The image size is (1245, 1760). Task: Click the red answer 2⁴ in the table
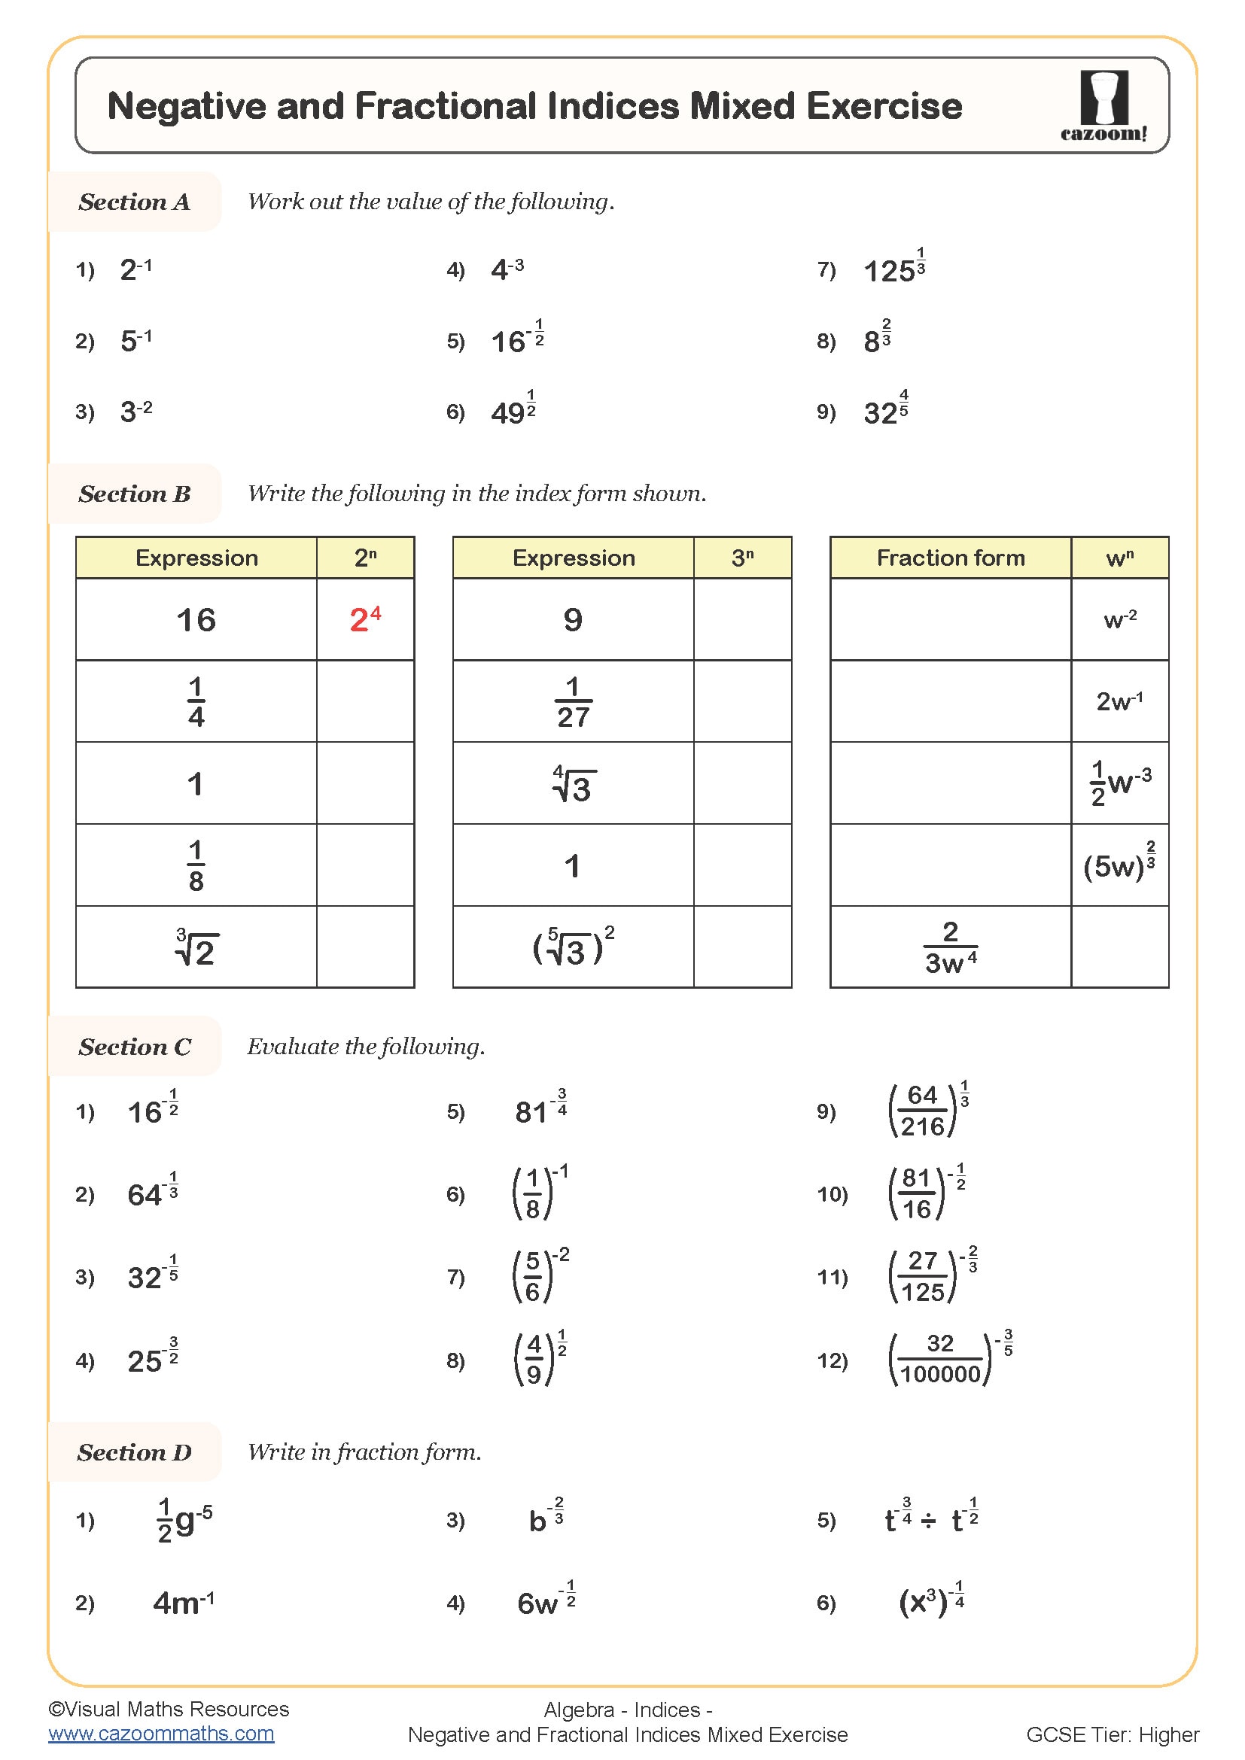point(365,619)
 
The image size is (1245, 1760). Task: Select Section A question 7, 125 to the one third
point(894,269)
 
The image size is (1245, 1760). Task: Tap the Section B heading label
point(134,494)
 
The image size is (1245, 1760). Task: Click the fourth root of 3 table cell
point(574,784)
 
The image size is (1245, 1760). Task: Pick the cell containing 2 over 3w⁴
point(950,947)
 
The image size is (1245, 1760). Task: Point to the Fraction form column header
point(950,558)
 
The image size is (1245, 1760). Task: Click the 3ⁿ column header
point(741,558)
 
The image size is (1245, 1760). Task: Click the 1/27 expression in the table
point(573,701)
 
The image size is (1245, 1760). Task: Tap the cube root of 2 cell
point(196,948)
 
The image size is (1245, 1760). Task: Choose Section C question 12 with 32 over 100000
point(951,1360)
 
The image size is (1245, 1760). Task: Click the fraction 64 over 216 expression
point(927,1111)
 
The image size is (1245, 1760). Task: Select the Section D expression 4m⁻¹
point(183,1603)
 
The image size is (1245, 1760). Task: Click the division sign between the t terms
point(928,1521)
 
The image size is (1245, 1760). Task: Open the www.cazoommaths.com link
point(161,1733)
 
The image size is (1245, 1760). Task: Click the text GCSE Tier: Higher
point(1112,1734)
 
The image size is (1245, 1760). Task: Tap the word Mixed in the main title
point(741,106)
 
